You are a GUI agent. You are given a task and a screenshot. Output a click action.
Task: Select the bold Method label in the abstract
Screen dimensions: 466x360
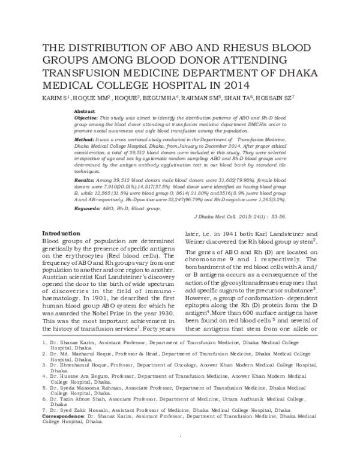pyautogui.click(x=84, y=139)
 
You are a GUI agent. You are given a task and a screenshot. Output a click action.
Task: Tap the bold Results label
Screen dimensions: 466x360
pyautogui.click(x=84, y=180)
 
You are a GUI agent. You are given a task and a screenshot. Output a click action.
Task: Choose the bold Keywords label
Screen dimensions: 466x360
pyautogui.click(x=87, y=208)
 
